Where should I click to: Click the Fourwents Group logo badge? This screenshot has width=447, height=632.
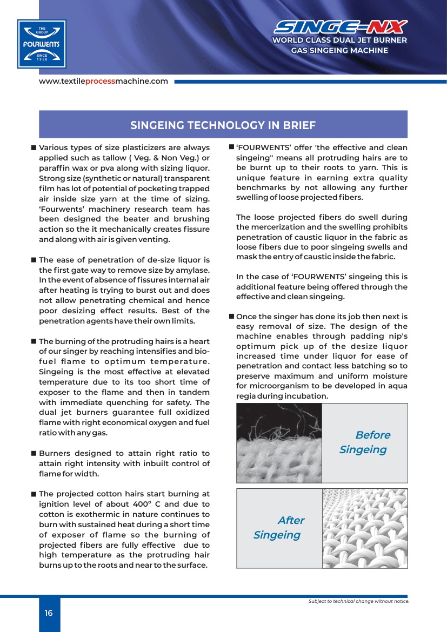point(42,43)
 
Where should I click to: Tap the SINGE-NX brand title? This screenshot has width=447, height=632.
point(341,27)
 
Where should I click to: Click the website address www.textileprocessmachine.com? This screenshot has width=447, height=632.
point(103,81)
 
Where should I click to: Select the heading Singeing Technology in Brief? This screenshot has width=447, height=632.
point(223,125)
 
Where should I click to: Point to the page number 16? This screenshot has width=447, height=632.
point(49,613)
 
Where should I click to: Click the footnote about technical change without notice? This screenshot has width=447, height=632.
point(358,601)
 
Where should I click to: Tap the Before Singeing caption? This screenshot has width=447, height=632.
point(364,442)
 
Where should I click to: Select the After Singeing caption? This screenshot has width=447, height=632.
point(279,528)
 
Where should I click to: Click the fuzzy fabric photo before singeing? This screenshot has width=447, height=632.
point(279,443)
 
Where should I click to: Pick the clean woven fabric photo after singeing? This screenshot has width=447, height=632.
point(365,528)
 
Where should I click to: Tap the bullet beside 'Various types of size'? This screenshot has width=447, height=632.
point(34,148)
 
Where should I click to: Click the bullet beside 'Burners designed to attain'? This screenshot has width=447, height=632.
point(34,454)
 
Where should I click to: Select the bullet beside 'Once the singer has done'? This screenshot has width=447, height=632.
point(231,317)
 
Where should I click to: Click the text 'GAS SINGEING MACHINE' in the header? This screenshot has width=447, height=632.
point(339,50)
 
